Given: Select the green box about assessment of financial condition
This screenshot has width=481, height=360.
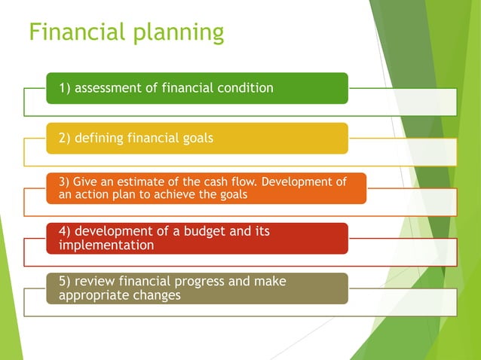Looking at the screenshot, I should [x=197, y=88].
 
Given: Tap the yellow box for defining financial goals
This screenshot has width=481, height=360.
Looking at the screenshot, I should [x=197, y=138].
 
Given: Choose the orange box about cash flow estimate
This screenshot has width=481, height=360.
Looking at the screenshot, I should [x=206, y=188].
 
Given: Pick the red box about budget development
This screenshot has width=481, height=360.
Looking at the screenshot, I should [x=197, y=238].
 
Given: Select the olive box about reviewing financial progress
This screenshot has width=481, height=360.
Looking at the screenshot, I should [x=197, y=288].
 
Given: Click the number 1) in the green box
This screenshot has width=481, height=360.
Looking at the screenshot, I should [x=65, y=88].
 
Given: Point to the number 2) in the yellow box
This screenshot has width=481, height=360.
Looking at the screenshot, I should [x=65, y=138].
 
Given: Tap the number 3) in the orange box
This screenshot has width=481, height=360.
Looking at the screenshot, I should [x=63, y=182].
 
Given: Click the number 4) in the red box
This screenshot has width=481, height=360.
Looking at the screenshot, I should [x=65, y=231].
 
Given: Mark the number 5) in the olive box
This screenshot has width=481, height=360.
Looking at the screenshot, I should [x=65, y=282].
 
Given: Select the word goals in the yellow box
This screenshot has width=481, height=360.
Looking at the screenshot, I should [x=196, y=139].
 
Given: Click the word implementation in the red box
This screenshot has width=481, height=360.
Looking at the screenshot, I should [x=106, y=246].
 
